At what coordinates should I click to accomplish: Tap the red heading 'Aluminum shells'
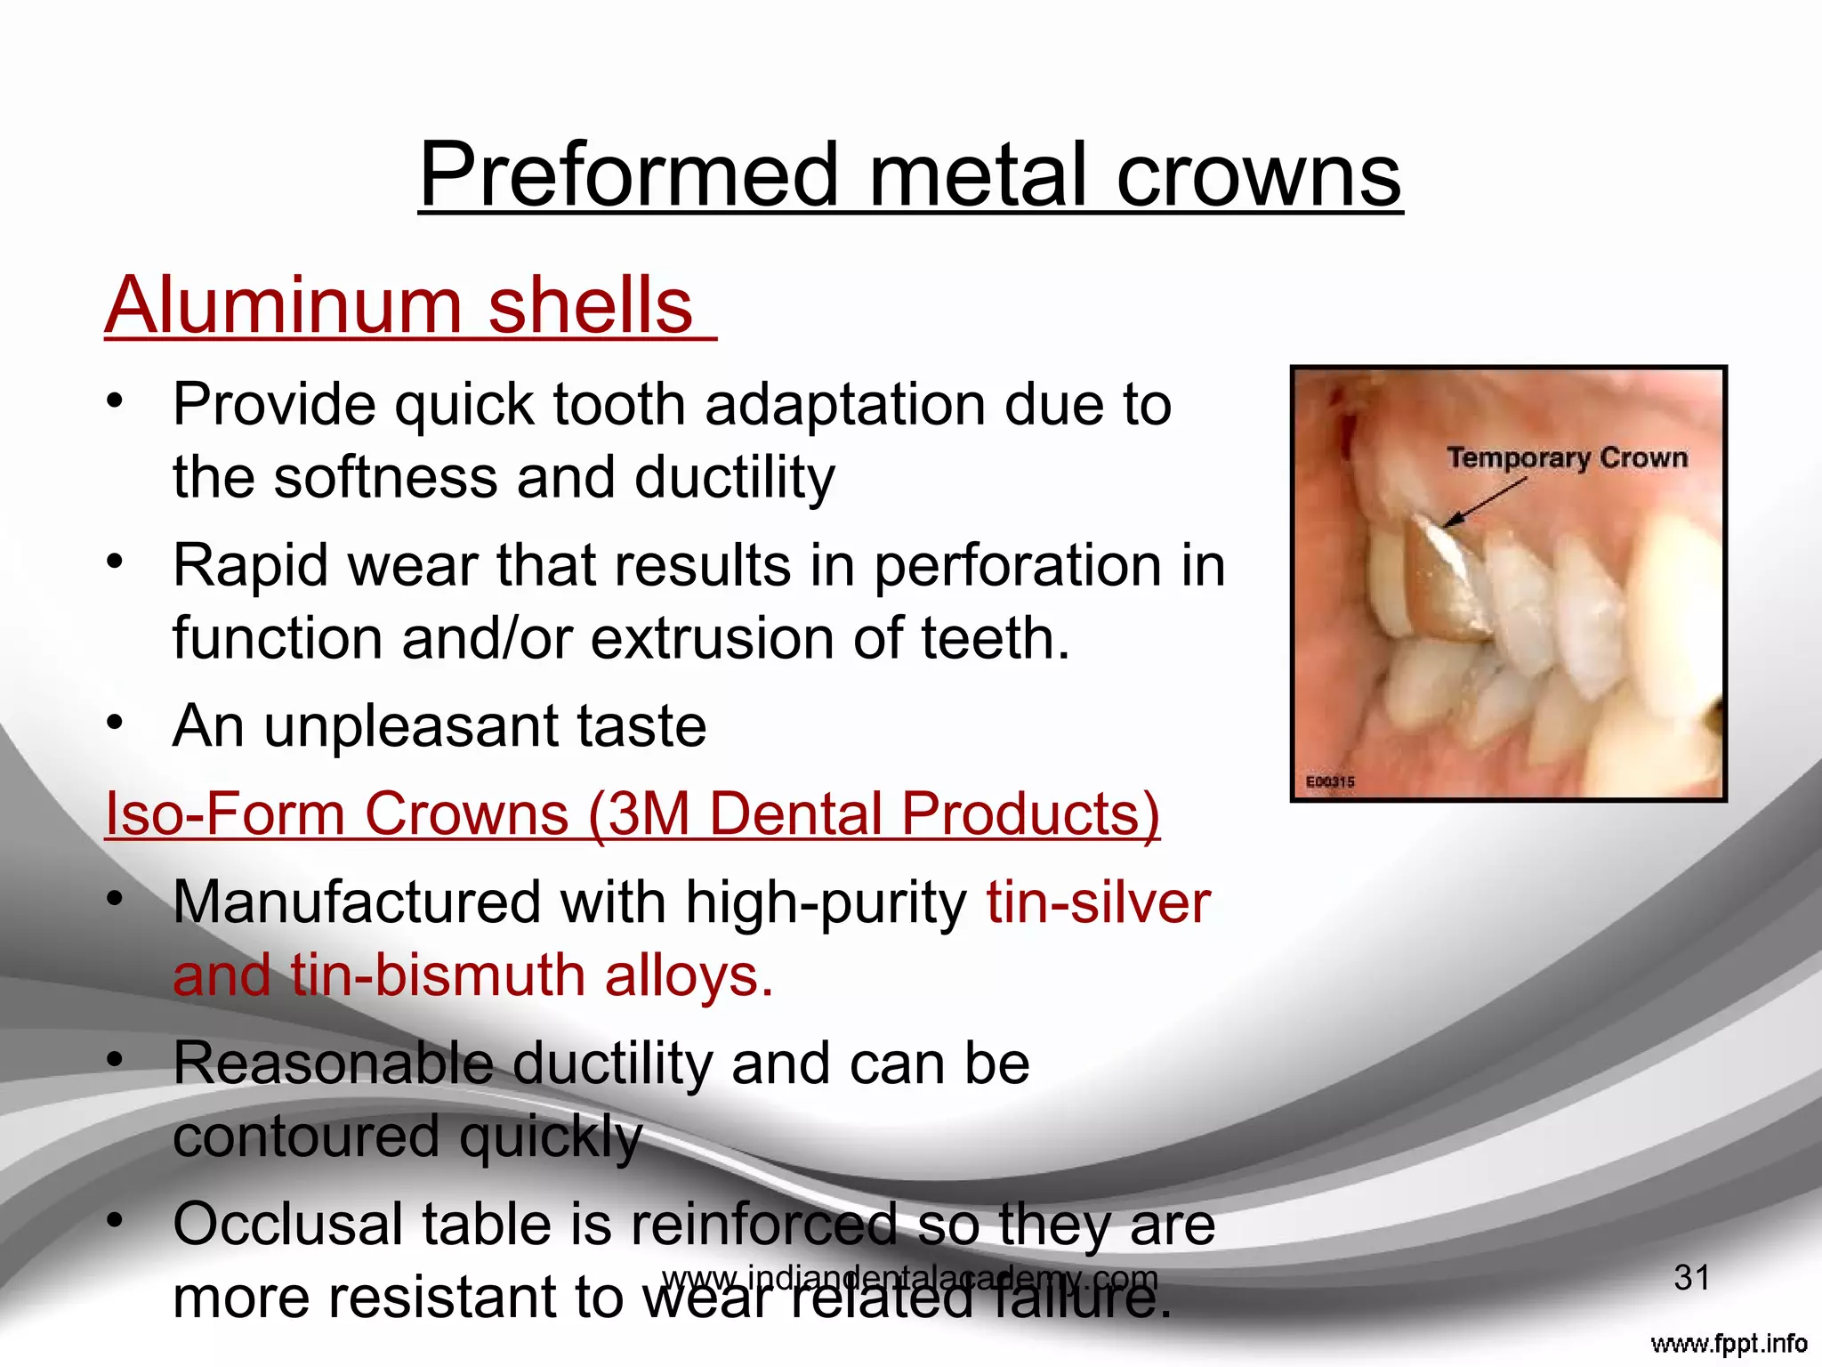(x=399, y=305)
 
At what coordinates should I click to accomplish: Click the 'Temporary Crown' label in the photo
(x=1567, y=457)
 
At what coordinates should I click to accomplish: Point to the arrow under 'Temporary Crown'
(x=1484, y=502)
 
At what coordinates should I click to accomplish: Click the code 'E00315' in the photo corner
(x=1330, y=781)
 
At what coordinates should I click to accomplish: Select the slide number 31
(x=1691, y=1277)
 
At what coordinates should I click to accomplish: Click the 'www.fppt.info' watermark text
(x=1729, y=1343)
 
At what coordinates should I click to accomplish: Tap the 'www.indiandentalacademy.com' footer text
(x=909, y=1278)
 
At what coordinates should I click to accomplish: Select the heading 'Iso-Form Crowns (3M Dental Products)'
(x=632, y=813)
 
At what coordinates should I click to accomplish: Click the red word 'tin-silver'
(x=1098, y=902)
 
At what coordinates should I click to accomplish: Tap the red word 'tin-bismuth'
(x=439, y=975)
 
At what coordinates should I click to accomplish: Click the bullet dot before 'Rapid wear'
(x=113, y=562)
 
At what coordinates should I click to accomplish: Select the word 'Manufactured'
(x=357, y=902)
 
